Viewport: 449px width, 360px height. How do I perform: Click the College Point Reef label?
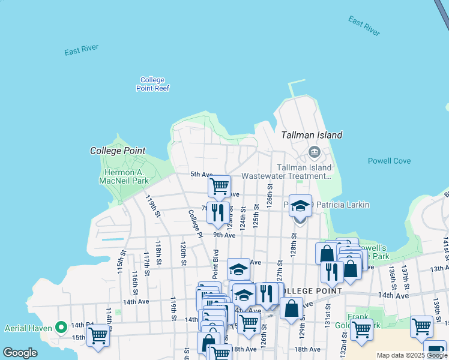point(152,84)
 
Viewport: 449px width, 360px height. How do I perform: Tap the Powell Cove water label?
point(389,161)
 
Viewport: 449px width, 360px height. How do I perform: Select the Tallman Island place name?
point(312,135)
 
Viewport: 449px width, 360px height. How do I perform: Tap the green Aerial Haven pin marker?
point(61,328)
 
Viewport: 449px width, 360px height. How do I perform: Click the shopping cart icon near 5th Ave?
point(220,187)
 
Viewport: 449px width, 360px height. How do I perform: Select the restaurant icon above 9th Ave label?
point(218,212)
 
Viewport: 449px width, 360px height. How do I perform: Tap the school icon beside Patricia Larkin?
point(300,206)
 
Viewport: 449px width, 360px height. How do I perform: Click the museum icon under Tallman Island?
point(313,152)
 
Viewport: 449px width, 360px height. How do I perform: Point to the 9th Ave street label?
point(223,235)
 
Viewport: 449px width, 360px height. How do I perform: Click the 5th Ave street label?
point(202,175)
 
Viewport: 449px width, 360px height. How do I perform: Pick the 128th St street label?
point(294,244)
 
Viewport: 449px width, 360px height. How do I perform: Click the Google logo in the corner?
point(20,353)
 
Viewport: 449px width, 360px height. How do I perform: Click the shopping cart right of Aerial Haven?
point(98,336)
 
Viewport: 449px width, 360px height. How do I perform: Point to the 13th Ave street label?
point(439,269)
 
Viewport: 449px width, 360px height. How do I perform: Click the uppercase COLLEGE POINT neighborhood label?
point(310,291)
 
